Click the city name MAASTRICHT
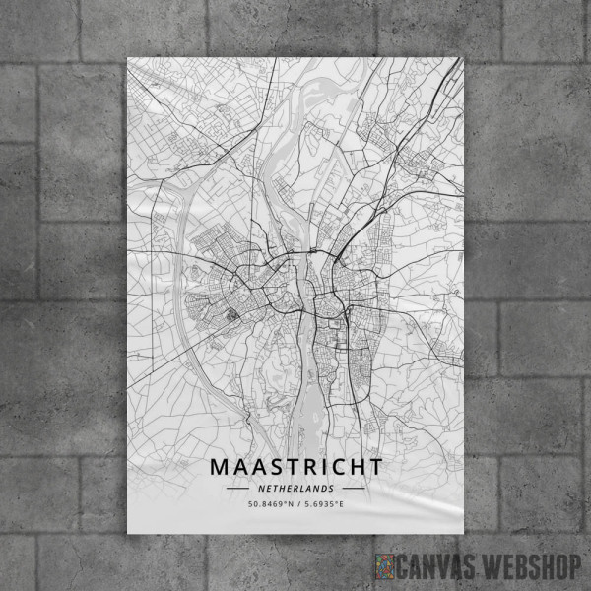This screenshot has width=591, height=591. tap(295, 465)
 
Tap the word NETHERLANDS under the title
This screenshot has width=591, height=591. tap(295, 488)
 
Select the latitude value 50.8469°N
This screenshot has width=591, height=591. tap(268, 504)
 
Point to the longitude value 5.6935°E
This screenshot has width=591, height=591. tap(324, 504)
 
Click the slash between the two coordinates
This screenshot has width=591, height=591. tap(296, 504)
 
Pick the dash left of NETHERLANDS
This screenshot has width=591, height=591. tap(237, 488)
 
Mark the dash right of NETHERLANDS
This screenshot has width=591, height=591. tap(353, 488)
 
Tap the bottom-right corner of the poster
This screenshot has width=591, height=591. tap(465, 540)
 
